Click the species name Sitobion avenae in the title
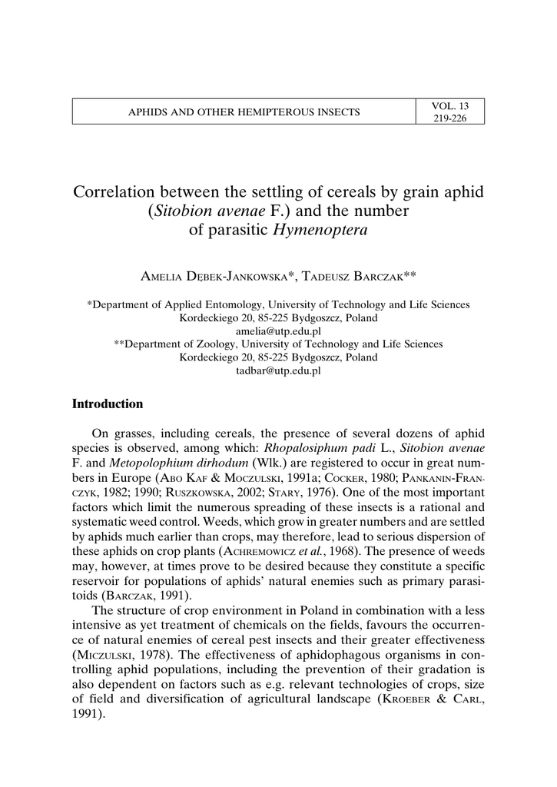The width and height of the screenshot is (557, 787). pos(200,211)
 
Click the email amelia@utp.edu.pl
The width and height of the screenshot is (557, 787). pos(278,330)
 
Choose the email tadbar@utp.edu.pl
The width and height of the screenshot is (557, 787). pos(278,370)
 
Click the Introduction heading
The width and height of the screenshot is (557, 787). pos(108,404)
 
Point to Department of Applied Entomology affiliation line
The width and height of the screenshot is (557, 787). pos(278,304)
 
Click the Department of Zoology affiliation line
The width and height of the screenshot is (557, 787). pos(278,344)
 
